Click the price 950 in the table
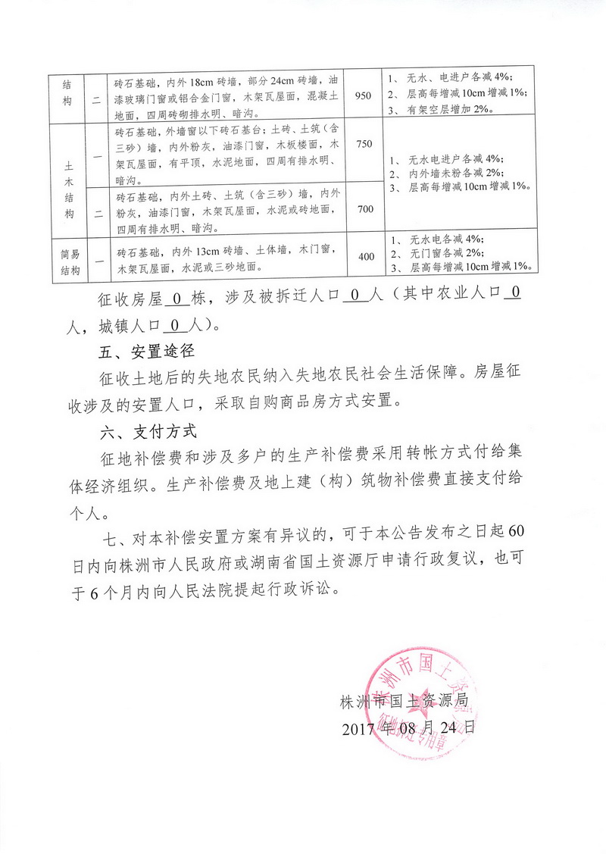click(363, 95)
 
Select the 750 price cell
click(363, 144)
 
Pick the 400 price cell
click(366, 257)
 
